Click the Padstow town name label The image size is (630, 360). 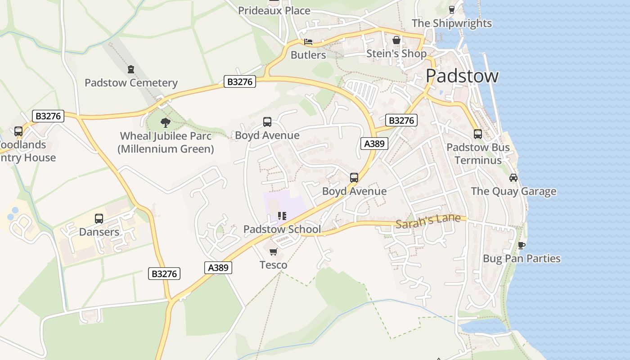[462, 76]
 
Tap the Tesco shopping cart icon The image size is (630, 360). [274, 252]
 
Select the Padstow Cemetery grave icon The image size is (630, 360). [131, 69]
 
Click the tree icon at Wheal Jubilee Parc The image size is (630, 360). [166, 122]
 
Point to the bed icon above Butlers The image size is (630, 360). [308, 42]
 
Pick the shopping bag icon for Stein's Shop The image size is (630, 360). [396, 40]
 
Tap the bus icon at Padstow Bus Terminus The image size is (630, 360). [477, 134]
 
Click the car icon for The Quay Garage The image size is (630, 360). [513, 177]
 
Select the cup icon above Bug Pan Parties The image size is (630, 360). [521, 245]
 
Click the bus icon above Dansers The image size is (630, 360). [99, 219]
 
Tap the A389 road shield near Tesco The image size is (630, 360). [219, 267]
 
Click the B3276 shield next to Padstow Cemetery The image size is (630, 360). [240, 81]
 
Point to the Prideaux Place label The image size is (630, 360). [274, 11]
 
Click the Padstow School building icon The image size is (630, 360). [282, 216]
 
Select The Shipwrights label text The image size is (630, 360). [451, 23]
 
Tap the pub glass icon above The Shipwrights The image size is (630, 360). [452, 9]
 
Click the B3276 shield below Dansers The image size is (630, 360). [164, 274]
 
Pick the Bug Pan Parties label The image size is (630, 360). [522, 259]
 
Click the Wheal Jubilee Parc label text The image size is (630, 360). [166, 142]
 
